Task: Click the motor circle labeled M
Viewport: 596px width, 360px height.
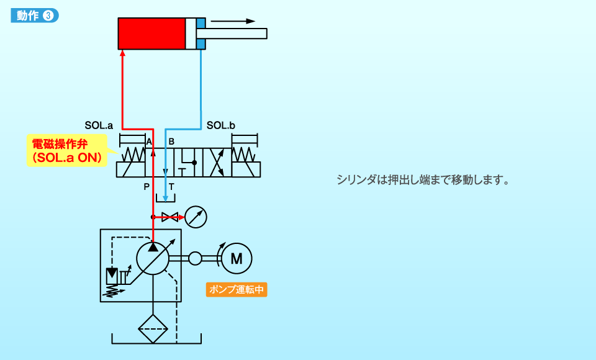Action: (x=237, y=258)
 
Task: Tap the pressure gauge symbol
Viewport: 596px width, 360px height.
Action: (x=196, y=217)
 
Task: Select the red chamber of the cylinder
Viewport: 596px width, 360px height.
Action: (x=151, y=34)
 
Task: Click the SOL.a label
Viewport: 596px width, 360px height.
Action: (x=99, y=125)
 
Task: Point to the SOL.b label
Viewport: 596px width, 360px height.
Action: (x=220, y=125)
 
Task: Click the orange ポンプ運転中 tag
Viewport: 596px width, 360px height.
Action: (x=237, y=290)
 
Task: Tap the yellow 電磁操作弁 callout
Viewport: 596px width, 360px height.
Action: (x=67, y=151)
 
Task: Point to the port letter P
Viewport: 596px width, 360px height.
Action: (x=147, y=186)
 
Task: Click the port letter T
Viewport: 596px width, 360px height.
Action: (x=171, y=186)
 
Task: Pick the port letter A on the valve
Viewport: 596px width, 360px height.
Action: (x=148, y=142)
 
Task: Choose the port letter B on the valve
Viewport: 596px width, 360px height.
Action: (x=171, y=142)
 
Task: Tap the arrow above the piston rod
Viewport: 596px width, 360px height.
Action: (x=233, y=21)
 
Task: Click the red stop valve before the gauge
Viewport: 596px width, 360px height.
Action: (x=169, y=217)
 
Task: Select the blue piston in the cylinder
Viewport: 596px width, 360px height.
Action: (x=201, y=34)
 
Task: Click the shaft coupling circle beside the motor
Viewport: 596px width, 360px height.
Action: (x=196, y=258)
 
